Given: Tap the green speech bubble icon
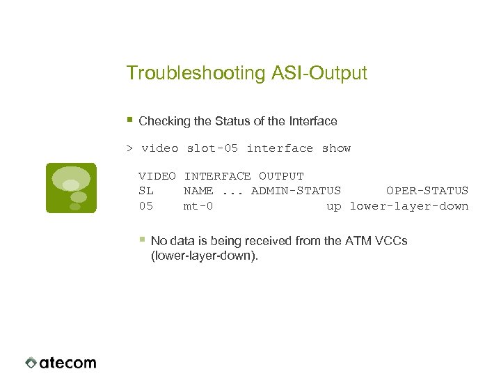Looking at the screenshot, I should [x=71, y=188].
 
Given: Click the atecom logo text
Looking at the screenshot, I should [x=67, y=363].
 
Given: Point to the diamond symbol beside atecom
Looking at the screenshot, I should [x=31, y=363].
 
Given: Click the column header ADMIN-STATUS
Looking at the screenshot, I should [x=296, y=191].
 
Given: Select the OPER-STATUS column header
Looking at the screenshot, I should [x=427, y=191].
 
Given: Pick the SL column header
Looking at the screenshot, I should [x=146, y=191].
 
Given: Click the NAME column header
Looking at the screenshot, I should [x=198, y=191].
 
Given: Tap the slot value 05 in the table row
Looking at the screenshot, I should [x=146, y=206].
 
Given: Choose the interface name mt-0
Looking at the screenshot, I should [x=198, y=206].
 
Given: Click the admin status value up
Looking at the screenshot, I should [x=334, y=206].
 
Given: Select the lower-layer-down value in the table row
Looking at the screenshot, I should [x=408, y=206].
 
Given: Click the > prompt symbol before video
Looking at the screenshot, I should [x=129, y=148].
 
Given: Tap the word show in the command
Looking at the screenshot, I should [x=336, y=148].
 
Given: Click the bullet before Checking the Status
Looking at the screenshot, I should [x=129, y=120].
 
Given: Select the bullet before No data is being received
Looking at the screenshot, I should [x=142, y=239].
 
